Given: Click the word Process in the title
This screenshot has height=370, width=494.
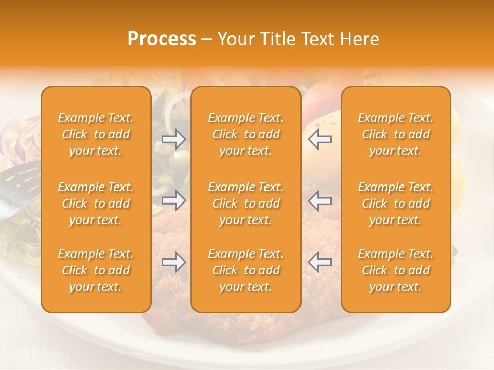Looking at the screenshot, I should pos(162,39).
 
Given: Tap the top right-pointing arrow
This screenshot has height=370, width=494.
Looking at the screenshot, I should pos(173,139).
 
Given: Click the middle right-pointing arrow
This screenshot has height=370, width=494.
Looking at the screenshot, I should pos(173,200).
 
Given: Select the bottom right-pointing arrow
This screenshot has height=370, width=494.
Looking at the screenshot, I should pos(173,262).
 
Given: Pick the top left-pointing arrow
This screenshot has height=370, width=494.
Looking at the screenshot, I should pos(320,139).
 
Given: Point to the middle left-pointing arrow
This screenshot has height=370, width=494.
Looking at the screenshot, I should pos(320,200).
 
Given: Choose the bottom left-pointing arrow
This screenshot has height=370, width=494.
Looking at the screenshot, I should pos(320,262).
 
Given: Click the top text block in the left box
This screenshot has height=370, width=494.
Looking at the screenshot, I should pos(96,134).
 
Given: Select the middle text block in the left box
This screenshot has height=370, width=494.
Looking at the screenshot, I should pos(96,203).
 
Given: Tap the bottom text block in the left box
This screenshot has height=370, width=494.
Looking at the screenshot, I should pos(96,270).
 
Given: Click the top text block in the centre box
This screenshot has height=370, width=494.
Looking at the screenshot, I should pos(245,134).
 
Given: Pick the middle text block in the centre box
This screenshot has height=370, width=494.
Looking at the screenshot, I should pos(245,203).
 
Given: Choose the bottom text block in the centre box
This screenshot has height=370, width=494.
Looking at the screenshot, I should pos(245,270).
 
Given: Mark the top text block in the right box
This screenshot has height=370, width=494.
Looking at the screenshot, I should pos(396,134).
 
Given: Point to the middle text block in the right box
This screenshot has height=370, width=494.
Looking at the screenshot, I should pos(396,203).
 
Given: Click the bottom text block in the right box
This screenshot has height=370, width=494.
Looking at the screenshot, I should pos(396,270).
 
